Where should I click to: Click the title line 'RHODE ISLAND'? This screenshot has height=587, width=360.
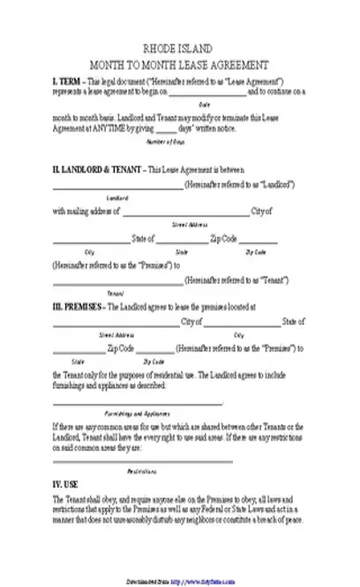pos(181,51)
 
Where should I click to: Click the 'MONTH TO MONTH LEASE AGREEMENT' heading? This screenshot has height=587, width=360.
pos(181,66)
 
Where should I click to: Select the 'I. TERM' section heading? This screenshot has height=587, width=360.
pos(69,79)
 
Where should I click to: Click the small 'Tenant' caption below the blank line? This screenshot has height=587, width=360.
pos(115,292)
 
